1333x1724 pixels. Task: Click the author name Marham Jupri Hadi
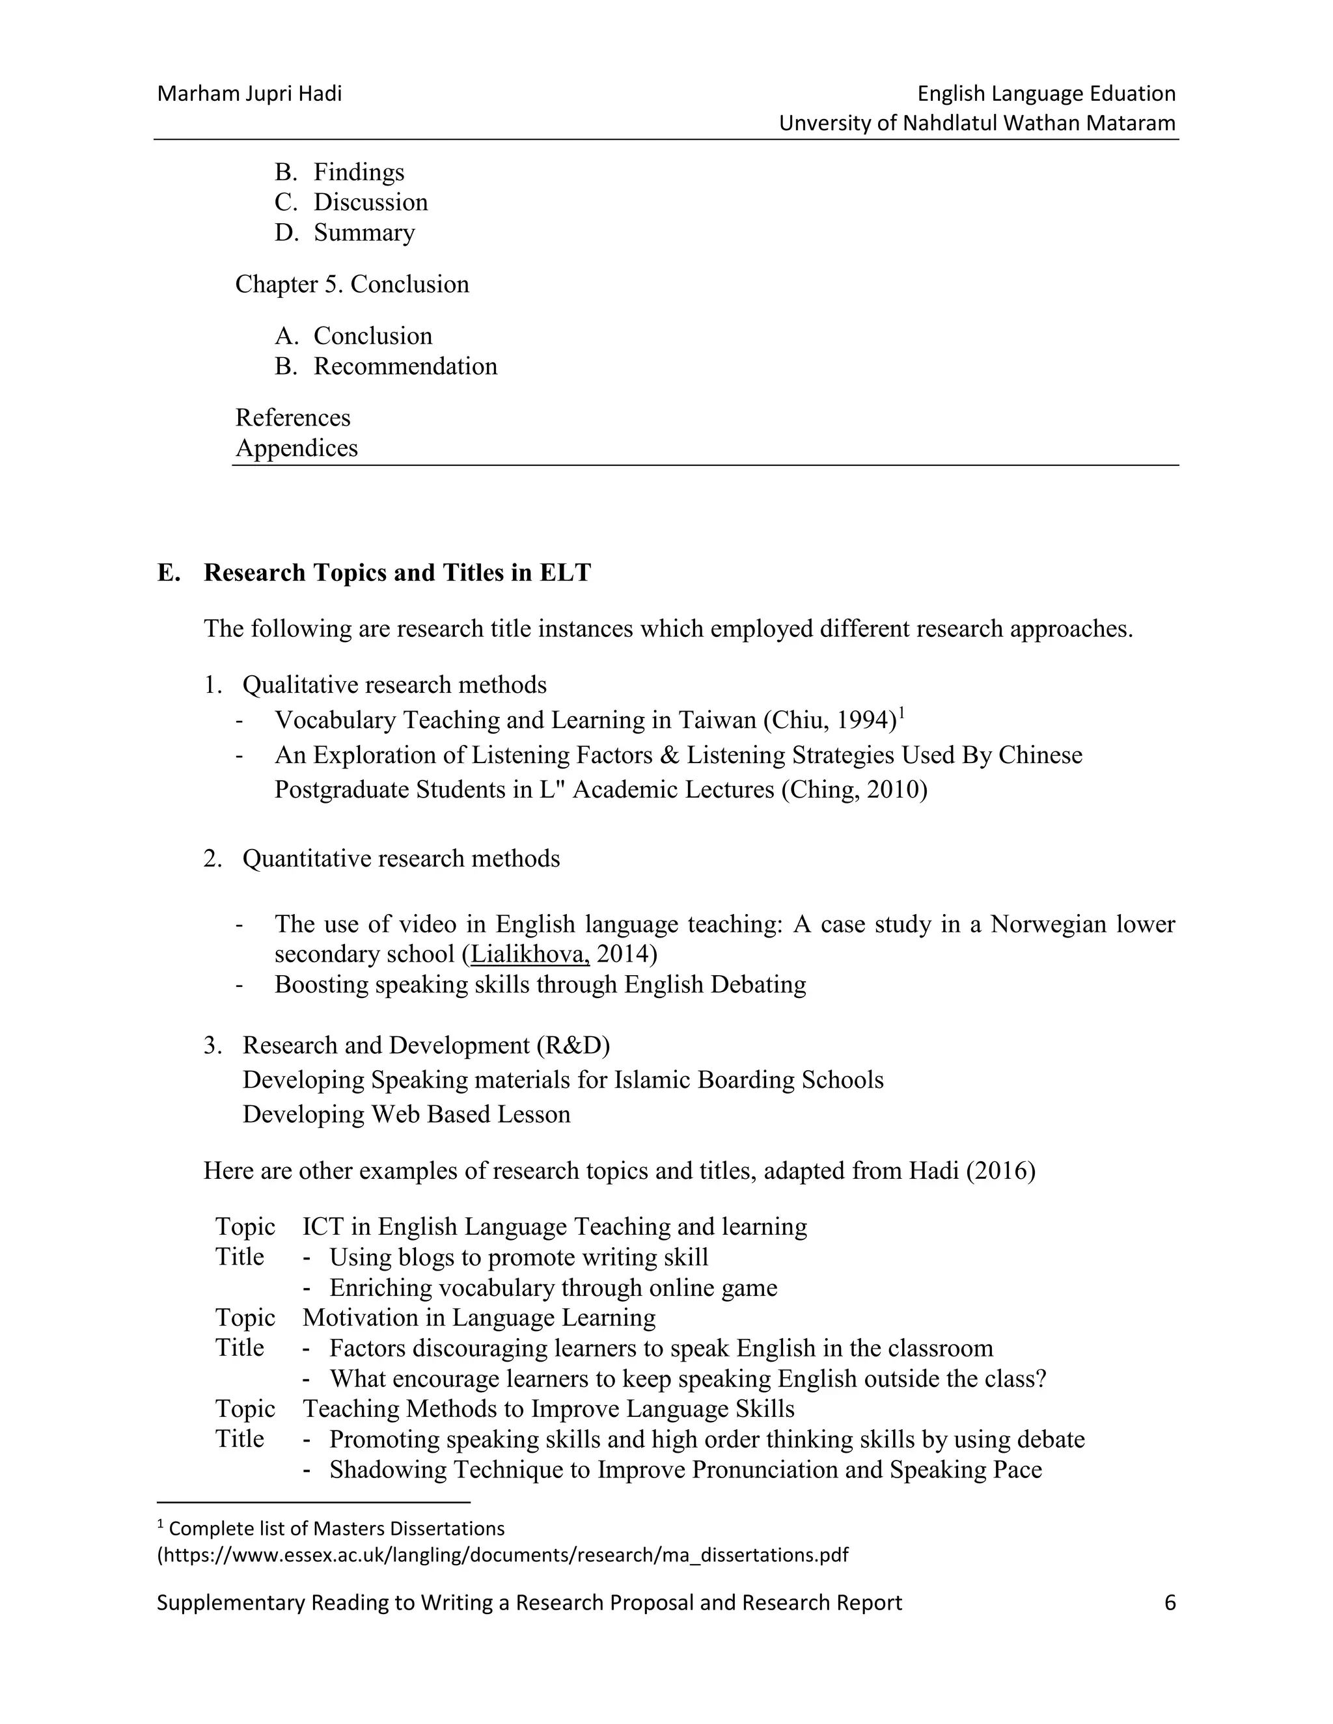coord(249,94)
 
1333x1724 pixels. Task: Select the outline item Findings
coord(359,172)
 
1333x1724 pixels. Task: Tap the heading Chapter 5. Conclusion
coord(351,284)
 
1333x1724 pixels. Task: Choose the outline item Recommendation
coord(405,366)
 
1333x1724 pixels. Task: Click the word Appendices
coord(296,448)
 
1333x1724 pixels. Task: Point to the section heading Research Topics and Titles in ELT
coord(396,572)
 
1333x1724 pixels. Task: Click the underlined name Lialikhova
coord(529,954)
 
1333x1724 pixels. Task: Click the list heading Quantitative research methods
coord(400,859)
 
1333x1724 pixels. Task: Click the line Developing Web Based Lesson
coord(406,1114)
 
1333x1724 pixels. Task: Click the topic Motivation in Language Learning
coord(478,1318)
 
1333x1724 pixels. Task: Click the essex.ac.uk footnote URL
coord(502,1555)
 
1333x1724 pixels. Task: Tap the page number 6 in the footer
coord(1170,1603)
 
